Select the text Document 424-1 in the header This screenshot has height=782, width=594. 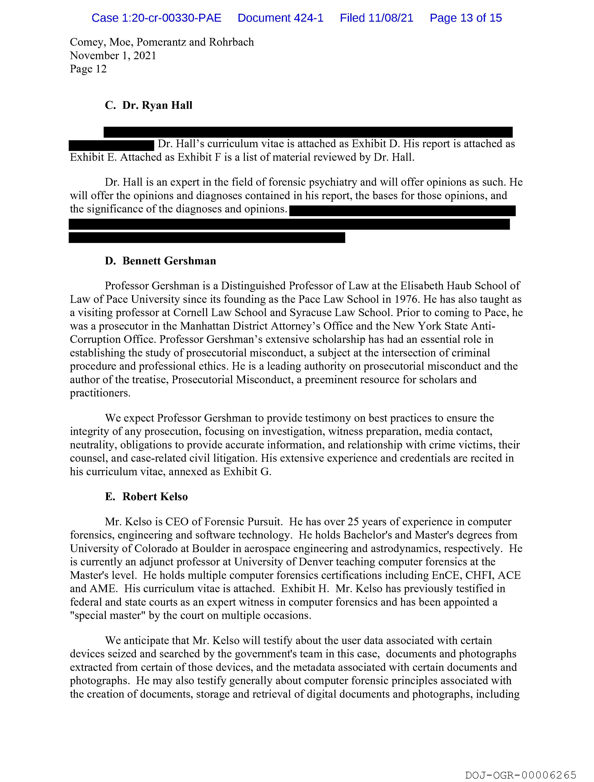[x=280, y=18]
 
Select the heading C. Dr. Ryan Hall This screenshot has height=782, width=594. [x=149, y=105]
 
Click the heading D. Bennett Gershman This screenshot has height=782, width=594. [x=160, y=261]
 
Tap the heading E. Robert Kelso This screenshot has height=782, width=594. [x=146, y=497]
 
